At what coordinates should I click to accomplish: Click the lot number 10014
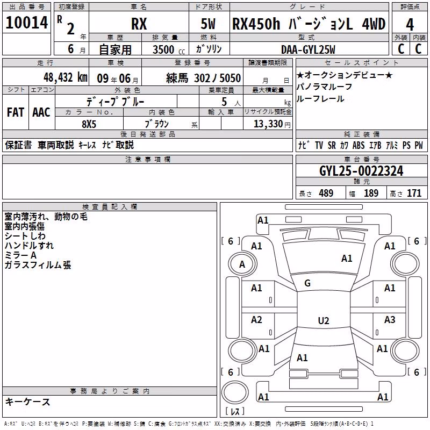point(26,23)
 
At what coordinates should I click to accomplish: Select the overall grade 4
point(410,25)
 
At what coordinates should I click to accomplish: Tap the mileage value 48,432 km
point(65,77)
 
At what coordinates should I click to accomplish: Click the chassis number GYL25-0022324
point(361,171)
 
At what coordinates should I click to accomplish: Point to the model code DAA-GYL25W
point(308,49)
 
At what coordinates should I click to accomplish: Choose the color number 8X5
point(89,124)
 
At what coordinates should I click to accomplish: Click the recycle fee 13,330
point(268,124)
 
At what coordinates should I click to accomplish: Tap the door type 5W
point(208,24)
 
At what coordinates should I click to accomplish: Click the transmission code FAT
point(16,112)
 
